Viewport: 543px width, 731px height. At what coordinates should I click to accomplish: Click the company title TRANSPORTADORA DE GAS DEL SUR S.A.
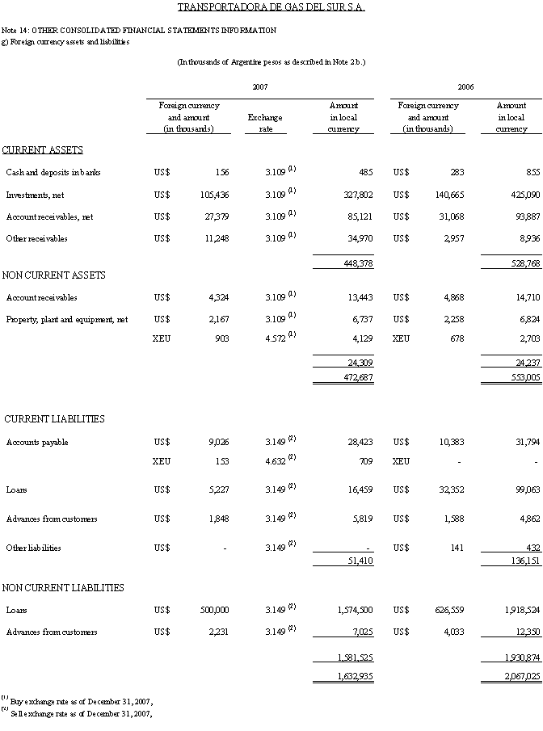(271, 8)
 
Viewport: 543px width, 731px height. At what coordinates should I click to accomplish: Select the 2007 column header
(259, 86)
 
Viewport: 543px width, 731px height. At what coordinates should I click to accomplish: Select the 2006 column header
(465, 86)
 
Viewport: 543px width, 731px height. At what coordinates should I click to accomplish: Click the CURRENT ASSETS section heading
(42, 150)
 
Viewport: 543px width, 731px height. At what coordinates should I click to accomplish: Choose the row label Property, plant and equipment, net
(67, 320)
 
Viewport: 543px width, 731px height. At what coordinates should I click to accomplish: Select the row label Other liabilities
(33, 548)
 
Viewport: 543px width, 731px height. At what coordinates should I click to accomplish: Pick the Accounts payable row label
(37, 443)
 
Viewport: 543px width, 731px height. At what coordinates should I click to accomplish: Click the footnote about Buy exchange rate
(77, 701)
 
